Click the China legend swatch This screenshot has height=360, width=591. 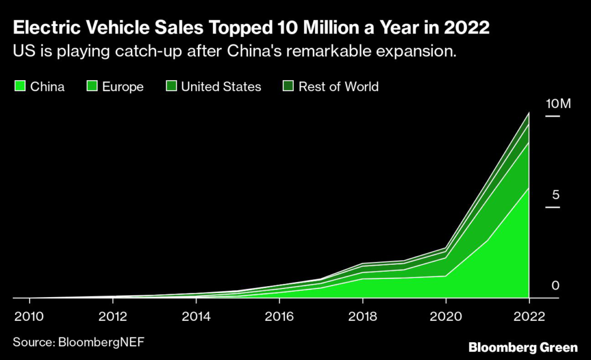(x=19, y=87)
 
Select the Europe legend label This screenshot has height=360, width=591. (x=122, y=87)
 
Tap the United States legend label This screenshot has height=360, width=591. (x=221, y=87)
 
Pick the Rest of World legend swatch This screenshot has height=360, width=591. (x=287, y=87)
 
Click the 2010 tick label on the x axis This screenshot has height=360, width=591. (x=29, y=317)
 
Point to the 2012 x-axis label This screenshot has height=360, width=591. (x=113, y=317)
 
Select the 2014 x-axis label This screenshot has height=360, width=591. (x=196, y=317)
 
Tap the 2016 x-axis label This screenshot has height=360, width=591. (x=279, y=317)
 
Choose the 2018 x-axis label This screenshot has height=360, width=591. (x=362, y=317)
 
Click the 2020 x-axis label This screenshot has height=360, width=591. (x=446, y=317)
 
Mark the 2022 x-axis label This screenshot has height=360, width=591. (x=529, y=317)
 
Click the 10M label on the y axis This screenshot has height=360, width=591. (x=558, y=104)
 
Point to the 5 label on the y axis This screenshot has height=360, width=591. (x=556, y=194)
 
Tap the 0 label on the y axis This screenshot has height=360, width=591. (x=555, y=285)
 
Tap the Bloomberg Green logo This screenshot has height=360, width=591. (x=523, y=347)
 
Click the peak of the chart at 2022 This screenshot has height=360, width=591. (x=529, y=113)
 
